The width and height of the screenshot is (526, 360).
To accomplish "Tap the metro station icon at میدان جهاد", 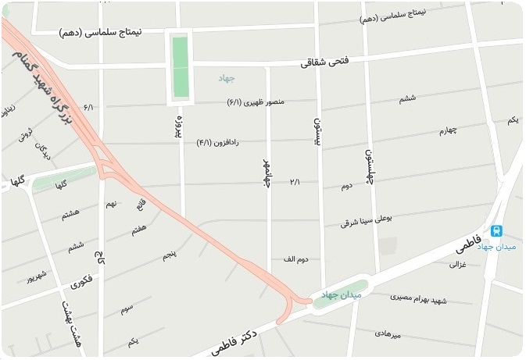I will (x=496, y=231).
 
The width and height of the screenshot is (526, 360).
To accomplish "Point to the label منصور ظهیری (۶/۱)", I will (x=256, y=102).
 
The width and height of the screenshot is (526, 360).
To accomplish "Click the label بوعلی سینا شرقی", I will (x=370, y=221).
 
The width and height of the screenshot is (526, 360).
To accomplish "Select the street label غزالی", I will (x=458, y=265).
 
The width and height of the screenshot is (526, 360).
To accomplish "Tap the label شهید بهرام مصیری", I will (x=401, y=298).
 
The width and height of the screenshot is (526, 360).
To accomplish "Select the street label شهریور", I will (x=38, y=278).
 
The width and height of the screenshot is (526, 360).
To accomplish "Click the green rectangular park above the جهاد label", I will (x=181, y=66).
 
